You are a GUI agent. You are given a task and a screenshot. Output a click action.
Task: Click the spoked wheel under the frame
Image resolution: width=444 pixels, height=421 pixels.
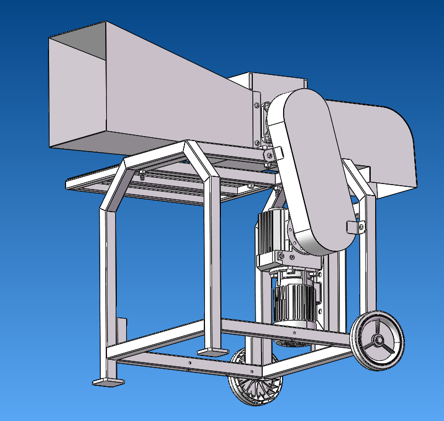coord(257,380)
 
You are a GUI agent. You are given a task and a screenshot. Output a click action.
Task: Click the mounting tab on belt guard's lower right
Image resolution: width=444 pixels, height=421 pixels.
coord(356,226)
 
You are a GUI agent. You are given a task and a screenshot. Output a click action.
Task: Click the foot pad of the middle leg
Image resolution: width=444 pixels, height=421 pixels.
coord(213,350)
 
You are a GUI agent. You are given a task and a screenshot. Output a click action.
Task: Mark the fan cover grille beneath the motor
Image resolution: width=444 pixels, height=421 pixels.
coord(292,343)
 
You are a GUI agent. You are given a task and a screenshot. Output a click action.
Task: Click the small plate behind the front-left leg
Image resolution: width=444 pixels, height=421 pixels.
coord(122,331)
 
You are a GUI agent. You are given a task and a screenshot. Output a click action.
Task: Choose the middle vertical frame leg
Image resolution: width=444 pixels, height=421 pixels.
coord(213,265)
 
